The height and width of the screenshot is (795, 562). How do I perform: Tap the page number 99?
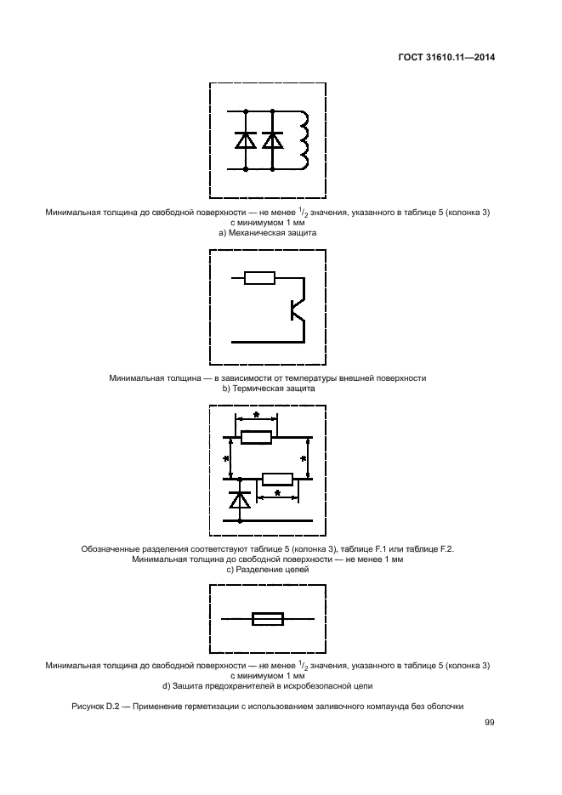coord(489,723)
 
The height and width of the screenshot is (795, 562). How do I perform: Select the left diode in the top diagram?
coord(247,140)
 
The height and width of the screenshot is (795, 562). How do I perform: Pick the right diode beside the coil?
coord(272,140)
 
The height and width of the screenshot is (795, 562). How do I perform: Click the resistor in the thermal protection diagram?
coord(258,277)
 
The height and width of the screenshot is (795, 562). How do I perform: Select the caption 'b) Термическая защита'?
coord(268,388)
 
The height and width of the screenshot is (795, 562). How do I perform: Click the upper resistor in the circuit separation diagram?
coord(256,438)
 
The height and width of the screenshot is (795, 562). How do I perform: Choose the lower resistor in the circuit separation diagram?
coord(278,479)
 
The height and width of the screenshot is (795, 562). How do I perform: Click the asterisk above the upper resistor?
coord(256,414)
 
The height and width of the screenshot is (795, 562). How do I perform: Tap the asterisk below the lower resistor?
coord(278,492)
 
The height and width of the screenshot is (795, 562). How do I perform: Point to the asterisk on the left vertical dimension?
coord(226,459)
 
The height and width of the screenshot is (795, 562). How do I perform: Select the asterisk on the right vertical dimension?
coord(304,459)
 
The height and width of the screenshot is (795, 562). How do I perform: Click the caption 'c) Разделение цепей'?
coord(268,571)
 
